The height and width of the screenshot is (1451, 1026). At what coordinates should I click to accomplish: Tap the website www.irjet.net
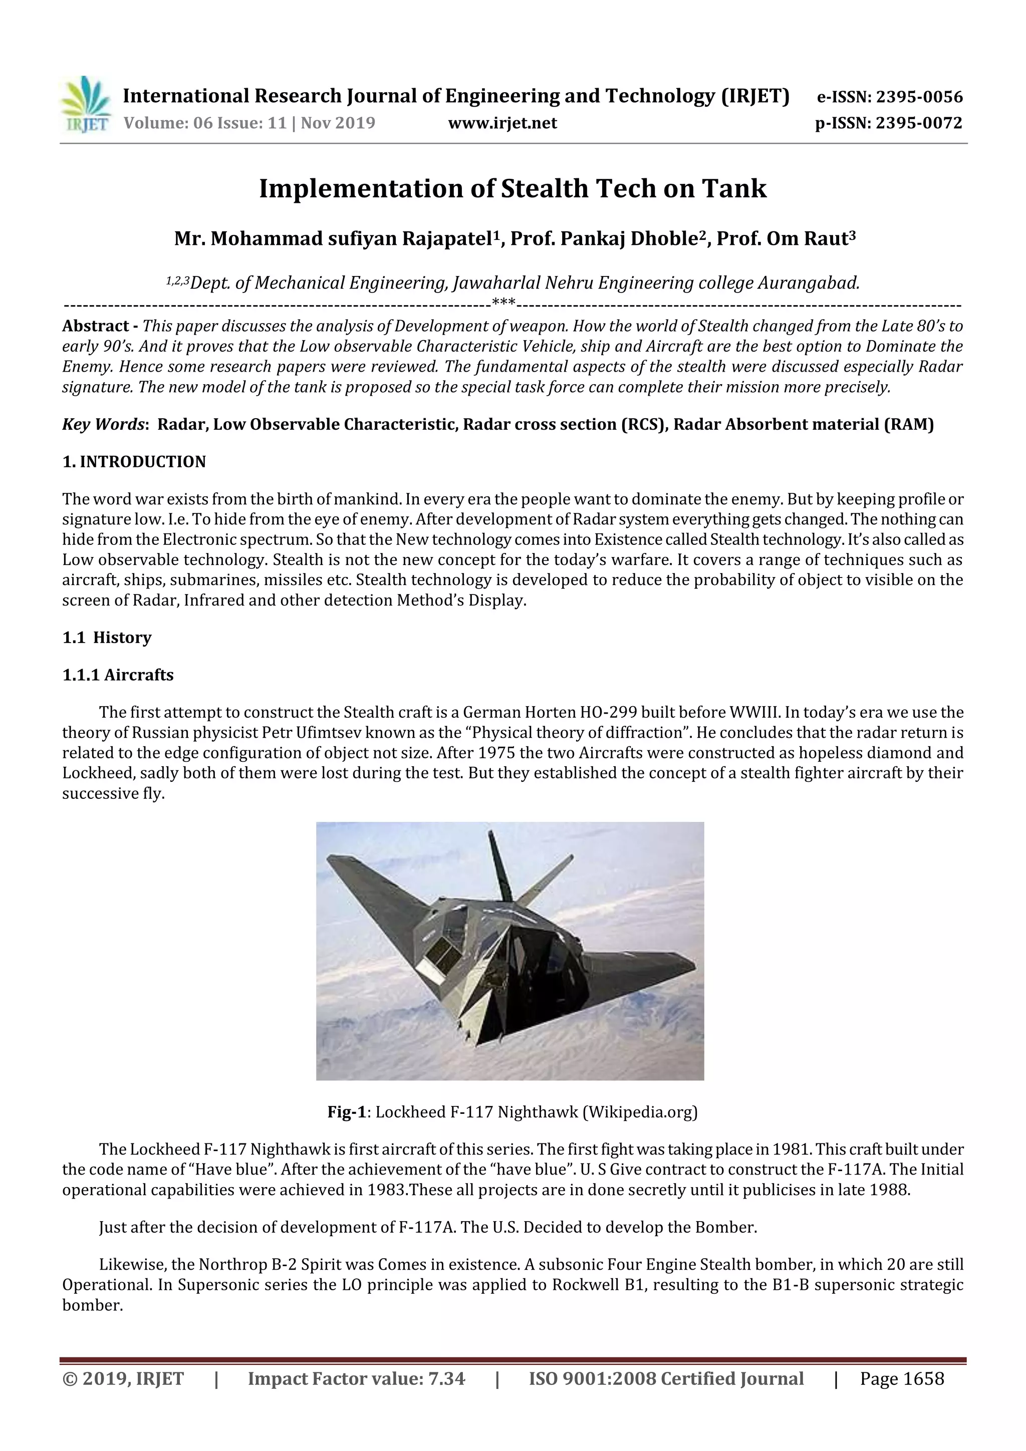pos(502,123)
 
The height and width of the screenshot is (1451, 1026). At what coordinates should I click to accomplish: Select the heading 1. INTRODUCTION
pos(134,461)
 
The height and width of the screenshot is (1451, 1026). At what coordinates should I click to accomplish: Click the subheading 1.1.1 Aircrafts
pos(118,675)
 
